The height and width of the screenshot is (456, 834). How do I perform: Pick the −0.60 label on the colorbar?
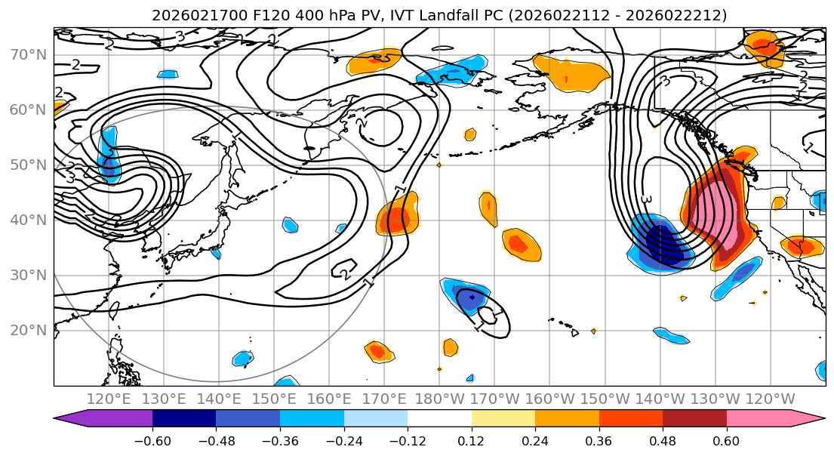point(152,440)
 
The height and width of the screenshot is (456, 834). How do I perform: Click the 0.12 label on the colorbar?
point(471,440)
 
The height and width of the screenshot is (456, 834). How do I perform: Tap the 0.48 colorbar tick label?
point(663,440)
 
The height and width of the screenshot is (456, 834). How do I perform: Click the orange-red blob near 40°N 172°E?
point(396,218)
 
